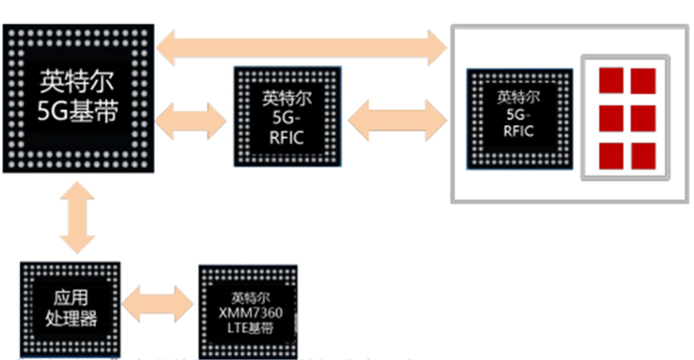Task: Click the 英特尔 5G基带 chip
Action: coord(78,98)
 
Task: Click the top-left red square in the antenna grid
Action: coord(611,80)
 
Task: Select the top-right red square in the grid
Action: coord(642,80)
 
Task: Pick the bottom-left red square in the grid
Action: coord(611,155)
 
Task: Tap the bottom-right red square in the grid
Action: coord(642,155)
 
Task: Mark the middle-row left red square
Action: coord(611,117)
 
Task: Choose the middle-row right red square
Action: coord(642,117)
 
